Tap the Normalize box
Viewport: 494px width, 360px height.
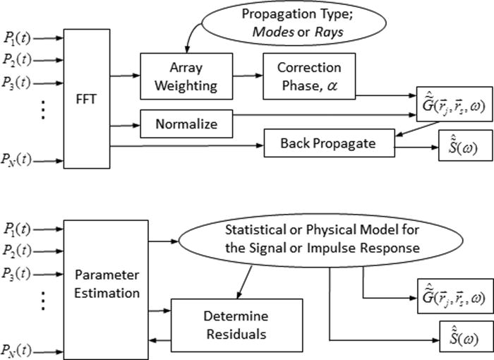click(x=176, y=126)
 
